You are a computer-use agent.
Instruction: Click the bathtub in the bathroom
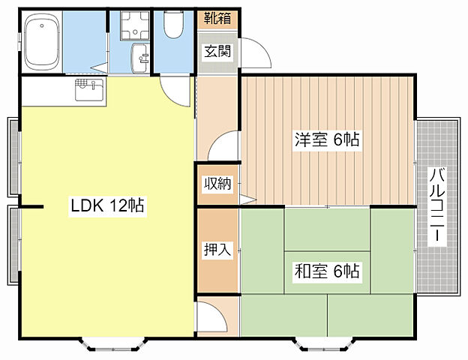(42, 41)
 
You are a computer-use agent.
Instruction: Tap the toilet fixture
(173, 25)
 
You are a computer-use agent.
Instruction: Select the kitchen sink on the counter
(89, 89)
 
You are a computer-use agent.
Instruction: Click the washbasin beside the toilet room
(140, 58)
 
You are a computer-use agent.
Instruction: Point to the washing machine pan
(135, 25)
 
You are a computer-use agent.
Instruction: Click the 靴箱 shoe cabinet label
(217, 19)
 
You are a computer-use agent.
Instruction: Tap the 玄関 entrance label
(217, 51)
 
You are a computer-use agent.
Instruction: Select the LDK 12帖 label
(107, 205)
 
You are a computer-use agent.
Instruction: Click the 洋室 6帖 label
(327, 139)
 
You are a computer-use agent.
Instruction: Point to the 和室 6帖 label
(327, 271)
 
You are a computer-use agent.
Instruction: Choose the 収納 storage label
(217, 183)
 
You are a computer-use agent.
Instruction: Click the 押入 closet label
(217, 249)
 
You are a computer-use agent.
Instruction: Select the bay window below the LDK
(113, 344)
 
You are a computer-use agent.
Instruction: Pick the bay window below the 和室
(325, 344)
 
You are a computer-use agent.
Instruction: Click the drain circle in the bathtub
(42, 25)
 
